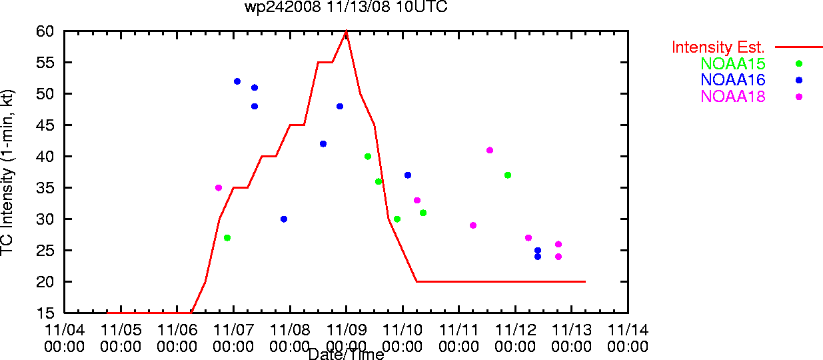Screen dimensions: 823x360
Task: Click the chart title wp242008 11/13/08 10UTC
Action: point(346,7)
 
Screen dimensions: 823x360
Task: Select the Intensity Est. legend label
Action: point(718,47)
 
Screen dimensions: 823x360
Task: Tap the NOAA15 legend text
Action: point(733,63)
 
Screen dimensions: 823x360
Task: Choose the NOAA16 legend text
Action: point(733,80)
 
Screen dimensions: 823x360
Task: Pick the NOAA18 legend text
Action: point(733,97)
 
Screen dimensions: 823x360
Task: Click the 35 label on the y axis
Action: point(45,188)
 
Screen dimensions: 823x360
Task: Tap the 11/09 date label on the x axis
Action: point(347,330)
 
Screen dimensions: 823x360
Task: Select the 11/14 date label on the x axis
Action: point(628,330)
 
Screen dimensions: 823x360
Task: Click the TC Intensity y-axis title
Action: point(7,173)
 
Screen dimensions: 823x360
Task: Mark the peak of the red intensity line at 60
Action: point(347,31)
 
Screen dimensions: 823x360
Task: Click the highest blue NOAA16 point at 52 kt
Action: point(237,81)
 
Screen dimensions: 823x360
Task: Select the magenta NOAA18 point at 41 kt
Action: point(490,150)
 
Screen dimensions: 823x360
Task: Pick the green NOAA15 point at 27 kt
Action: point(227,238)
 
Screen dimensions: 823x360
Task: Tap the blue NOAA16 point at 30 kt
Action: point(284,219)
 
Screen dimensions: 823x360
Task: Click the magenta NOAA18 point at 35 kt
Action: point(219,188)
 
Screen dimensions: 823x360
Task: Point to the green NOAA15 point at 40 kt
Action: point(368,157)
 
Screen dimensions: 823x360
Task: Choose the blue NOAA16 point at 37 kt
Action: point(408,175)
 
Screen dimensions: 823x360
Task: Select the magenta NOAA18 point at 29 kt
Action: point(473,225)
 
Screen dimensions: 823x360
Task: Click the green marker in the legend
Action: point(799,63)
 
